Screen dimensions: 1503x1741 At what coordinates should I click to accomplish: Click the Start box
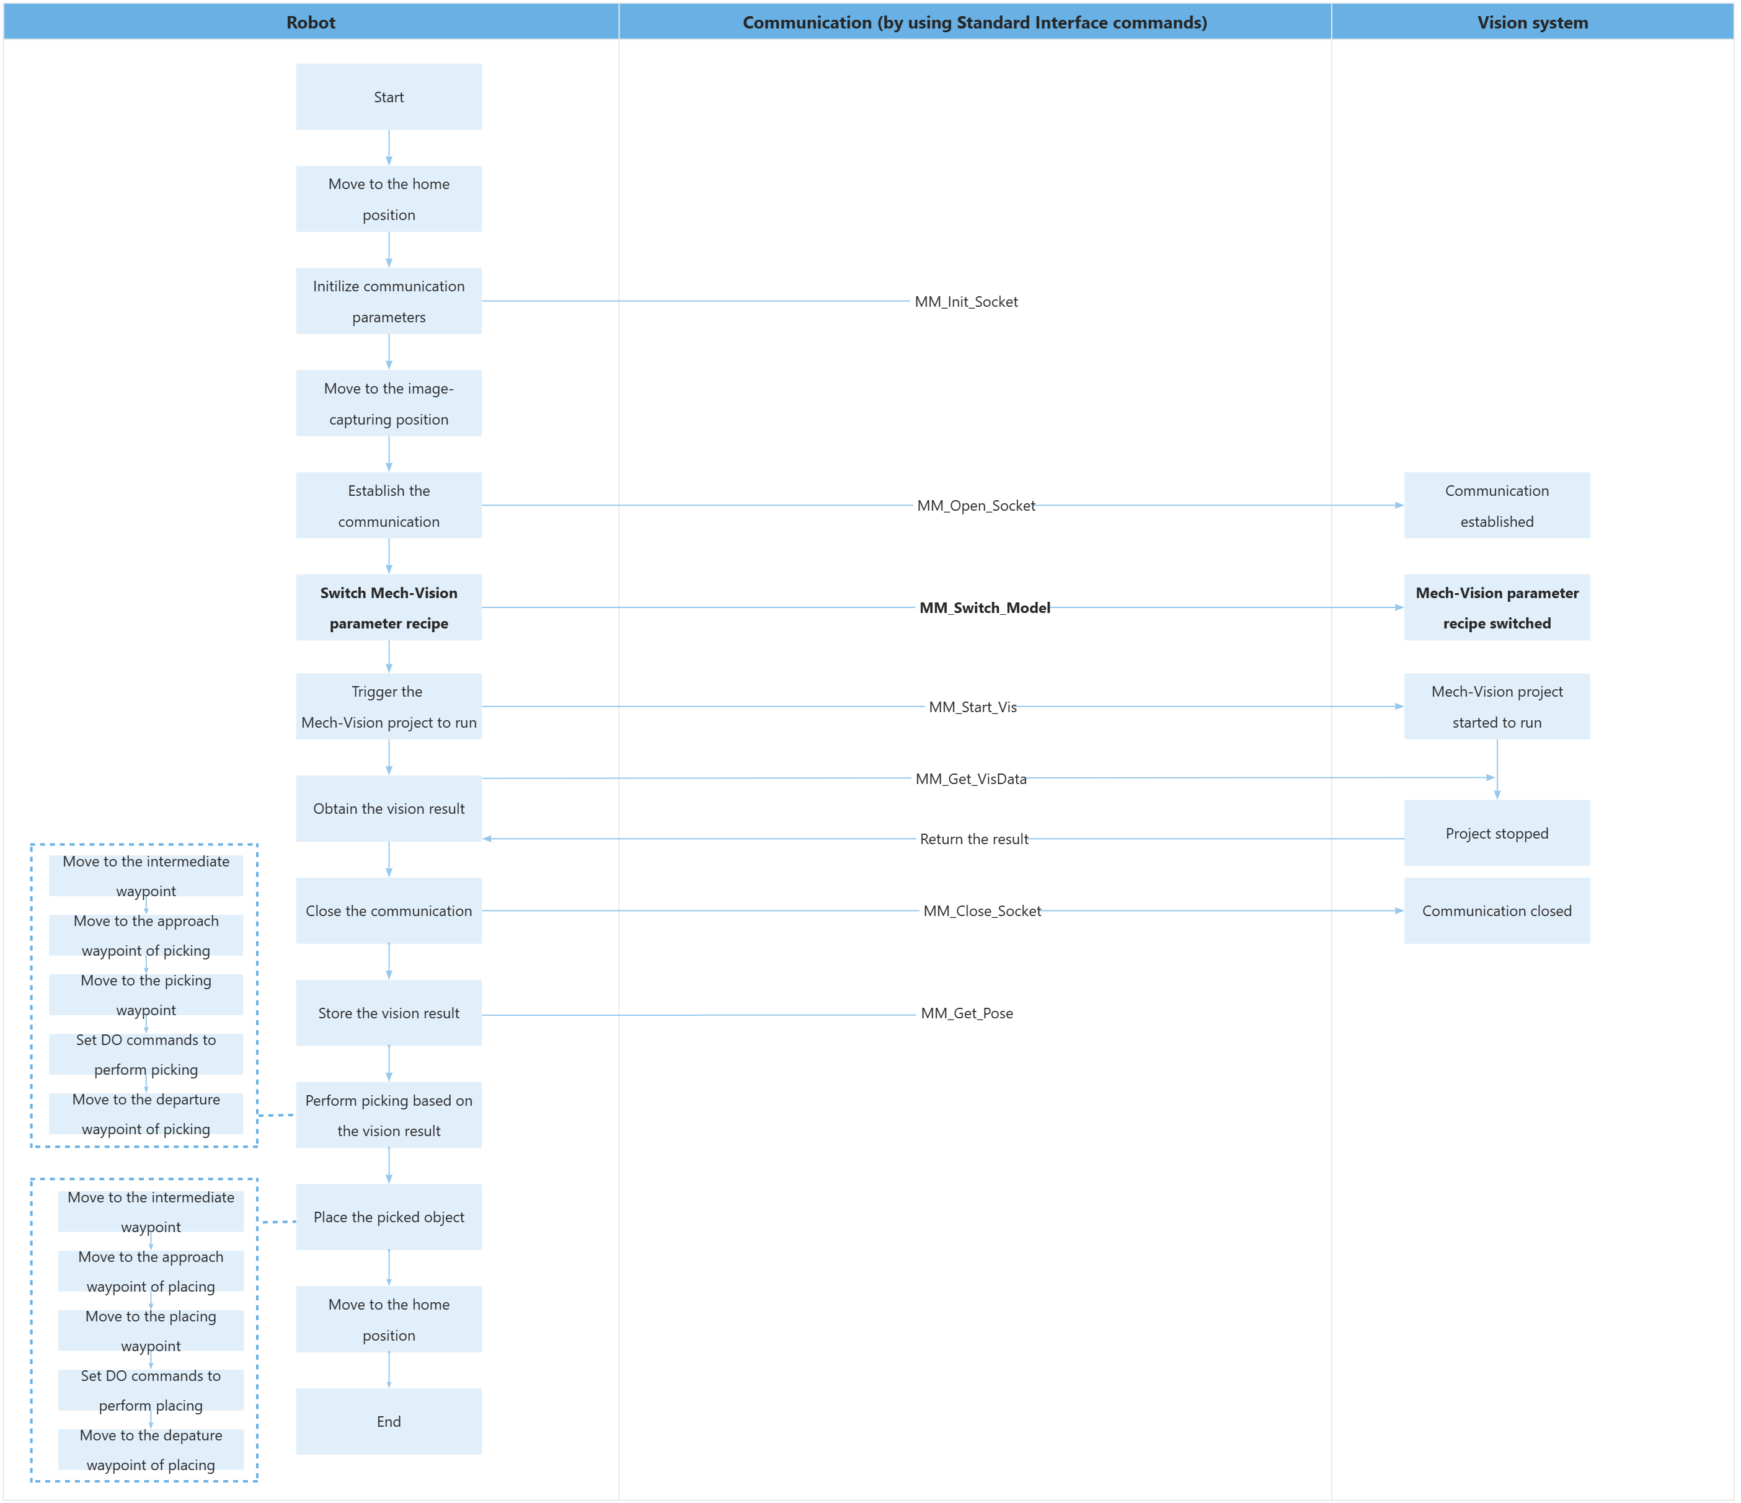point(388,97)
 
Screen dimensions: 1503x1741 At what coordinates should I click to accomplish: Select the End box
point(388,1421)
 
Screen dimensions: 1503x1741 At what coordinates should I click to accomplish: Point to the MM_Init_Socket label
point(965,302)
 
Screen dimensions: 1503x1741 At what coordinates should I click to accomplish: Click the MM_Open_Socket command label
point(975,506)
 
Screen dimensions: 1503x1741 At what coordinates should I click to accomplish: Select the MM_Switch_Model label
point(984,607)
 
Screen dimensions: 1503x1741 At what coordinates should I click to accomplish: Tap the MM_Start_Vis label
point(972,707)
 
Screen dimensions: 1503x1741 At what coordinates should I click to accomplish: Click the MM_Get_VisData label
point(970,779)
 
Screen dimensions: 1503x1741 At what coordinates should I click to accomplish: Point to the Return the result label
point(973,839)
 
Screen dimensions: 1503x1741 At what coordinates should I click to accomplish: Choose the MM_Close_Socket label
point(981,910)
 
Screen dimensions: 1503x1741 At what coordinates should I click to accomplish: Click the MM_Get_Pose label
point(966,1013)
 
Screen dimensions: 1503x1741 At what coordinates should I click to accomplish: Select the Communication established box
point(1497,506)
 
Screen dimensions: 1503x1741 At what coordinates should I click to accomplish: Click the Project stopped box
point(1497,834)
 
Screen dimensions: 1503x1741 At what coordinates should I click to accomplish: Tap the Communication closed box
point(1497,910)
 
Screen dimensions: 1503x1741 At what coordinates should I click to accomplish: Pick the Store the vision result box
point(388,1013)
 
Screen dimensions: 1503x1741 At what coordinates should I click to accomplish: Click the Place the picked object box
point(388,1217)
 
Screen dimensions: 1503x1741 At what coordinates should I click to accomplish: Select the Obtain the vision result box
point(388,809)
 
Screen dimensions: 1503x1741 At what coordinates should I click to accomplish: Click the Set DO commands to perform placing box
point(151,1390)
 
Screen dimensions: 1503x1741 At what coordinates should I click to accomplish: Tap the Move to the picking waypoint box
point(146,995)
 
